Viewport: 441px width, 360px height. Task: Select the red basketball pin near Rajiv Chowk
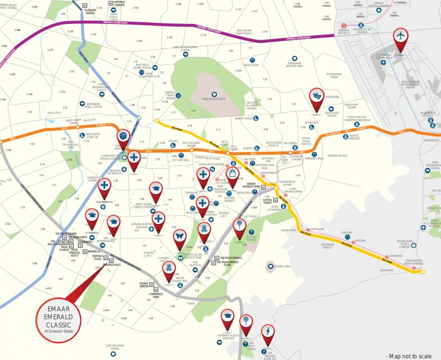pyautogui.click(x=123, y=137)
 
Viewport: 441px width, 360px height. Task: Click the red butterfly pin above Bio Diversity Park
pyautogui.click(x=179, y=236)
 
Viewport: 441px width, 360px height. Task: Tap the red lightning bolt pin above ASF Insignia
pyautogui.click(x=268, y=331)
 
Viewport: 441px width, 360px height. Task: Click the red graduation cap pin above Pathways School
pyautogui.click(x=228, y=316)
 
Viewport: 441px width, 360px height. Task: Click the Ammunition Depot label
pyautogui.click(x=214, y=99)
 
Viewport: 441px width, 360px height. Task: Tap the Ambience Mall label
pyautogui.click(x=314, y=158)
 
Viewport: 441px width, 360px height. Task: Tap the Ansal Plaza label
pyautogui.click(x=252, y=65)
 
